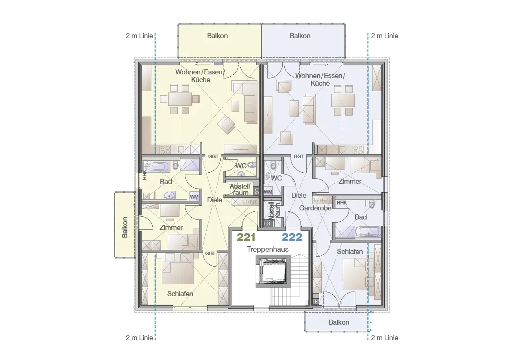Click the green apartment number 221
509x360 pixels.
(246, 237)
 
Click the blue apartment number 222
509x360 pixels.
(292, 237)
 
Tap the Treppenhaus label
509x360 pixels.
(267, 249)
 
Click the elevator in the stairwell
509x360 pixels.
(272, 271)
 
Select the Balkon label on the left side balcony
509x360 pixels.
(125, 227)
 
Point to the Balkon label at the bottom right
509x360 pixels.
(339, 322)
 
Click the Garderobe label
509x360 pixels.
(315, 208)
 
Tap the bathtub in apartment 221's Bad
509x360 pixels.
(157, 167)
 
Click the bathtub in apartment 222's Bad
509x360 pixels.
(368, 232)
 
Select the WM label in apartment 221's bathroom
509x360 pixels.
(194, 197)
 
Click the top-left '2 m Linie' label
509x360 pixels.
(139, 36)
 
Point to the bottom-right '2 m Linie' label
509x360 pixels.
(384, 338)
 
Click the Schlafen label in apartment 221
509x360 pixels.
(180, 294)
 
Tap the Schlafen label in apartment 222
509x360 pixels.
(349, 252)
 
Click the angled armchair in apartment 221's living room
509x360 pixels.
(226, 125)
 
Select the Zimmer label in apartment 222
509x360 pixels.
(349, 181)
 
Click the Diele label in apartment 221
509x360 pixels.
(214, 199)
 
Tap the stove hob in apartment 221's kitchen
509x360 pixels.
(165, 149)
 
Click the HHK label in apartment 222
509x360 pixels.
(342, 203)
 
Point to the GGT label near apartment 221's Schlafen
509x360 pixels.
(210, 253)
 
